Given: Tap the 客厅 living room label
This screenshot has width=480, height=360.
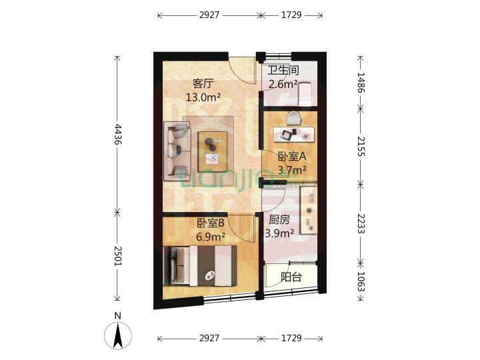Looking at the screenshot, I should tap(203, 83).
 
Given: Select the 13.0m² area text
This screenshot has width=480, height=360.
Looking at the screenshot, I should tap(203, 97).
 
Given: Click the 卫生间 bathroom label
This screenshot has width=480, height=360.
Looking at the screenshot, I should tap(283, 70).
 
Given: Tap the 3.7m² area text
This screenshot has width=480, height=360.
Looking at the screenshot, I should tap(292, 170).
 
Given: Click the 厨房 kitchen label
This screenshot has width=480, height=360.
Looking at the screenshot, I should tap(280, 219).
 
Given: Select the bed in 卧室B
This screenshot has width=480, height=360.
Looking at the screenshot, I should tap(200, 265).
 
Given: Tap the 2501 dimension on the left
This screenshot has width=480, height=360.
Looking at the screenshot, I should tap(118, 256).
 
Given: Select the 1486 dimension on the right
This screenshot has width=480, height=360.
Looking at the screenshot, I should tap(362, 84).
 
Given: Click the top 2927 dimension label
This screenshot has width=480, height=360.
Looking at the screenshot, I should tap(209, 14).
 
